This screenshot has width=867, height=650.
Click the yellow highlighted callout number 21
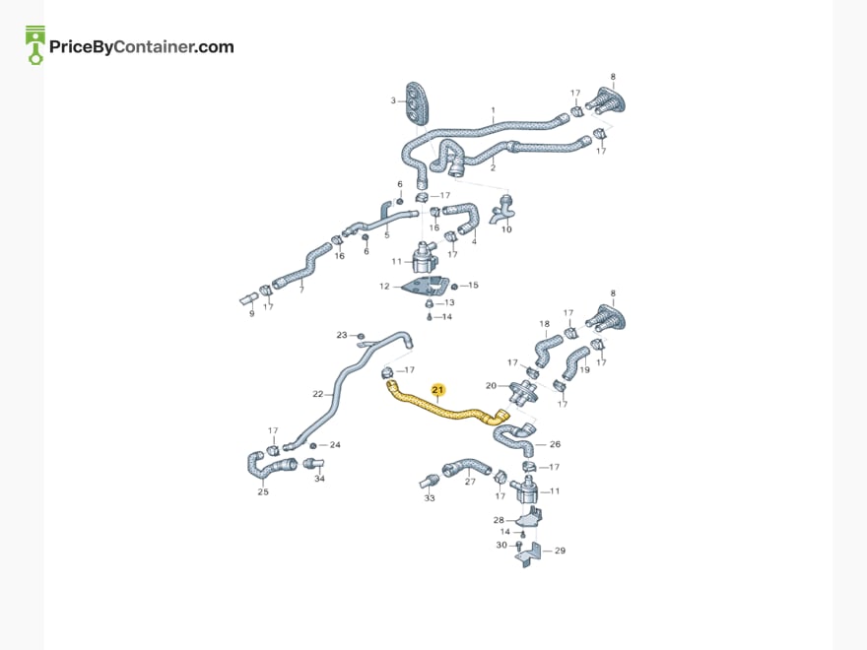coord(437,390)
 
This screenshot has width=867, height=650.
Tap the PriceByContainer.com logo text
coord(142,47)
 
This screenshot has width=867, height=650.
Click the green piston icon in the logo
coord(35,45)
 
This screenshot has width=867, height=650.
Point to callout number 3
coord(393,100)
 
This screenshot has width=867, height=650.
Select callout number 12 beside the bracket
coord(384,287)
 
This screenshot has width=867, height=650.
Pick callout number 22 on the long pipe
coord(317,394)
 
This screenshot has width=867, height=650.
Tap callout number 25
coord(263,491)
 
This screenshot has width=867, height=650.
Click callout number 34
coord(319,479)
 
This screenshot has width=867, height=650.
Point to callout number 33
coord(430,498)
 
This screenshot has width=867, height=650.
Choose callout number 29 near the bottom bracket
coord(560,551)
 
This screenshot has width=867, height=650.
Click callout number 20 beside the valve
coord(491,386)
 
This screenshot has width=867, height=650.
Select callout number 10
coord(506,229)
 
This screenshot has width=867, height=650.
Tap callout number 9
coord(252,314)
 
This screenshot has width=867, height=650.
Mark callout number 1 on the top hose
coord(494,110)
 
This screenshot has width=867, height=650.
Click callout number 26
coord(555,444)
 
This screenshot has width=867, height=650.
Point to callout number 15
coord(473,286)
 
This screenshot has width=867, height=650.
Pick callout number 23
coord(342,335)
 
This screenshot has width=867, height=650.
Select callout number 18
coord(545,324)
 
